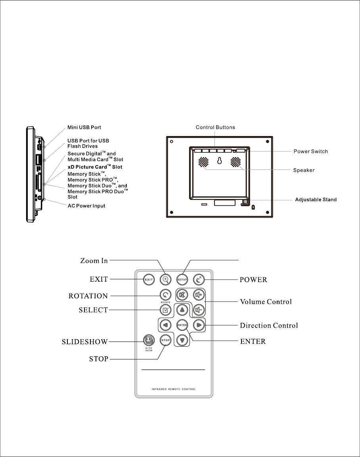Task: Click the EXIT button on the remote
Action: [149, 280]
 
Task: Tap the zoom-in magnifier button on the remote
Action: [166, 280]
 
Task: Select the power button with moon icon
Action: [199, 280]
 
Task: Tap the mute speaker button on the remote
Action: [182, 295]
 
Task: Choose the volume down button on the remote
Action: [199, 309]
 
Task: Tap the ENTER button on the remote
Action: [182, 325]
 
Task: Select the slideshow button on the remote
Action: [149, 340]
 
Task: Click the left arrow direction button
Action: [165, 325]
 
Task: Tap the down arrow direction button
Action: [182, 340]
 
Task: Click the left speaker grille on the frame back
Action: [203, 162]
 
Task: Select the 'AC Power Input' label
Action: [86, 206]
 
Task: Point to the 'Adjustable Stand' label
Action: [316, 200]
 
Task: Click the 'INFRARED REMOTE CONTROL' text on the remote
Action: [174, 389]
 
